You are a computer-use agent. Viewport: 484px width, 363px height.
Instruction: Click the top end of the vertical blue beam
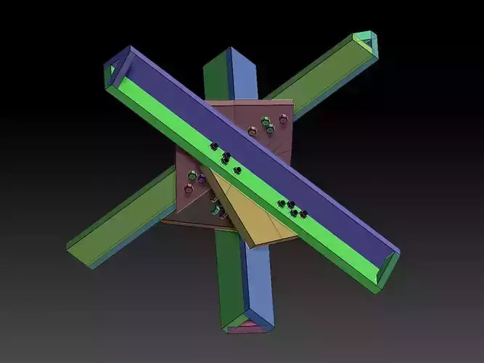click(230, 54)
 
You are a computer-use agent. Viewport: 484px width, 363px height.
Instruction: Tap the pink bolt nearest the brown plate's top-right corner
click(283, 118)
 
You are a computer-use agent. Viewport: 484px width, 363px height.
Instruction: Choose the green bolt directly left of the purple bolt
click(192, 175)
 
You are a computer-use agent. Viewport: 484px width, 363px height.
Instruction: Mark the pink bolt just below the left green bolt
click(189, 188)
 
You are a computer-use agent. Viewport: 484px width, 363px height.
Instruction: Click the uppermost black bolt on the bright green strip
click(214, 147)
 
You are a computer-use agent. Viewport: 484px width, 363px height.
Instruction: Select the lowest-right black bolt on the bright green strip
click(303, 214)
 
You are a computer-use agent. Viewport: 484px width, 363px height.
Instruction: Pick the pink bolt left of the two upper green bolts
click(252, 131)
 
